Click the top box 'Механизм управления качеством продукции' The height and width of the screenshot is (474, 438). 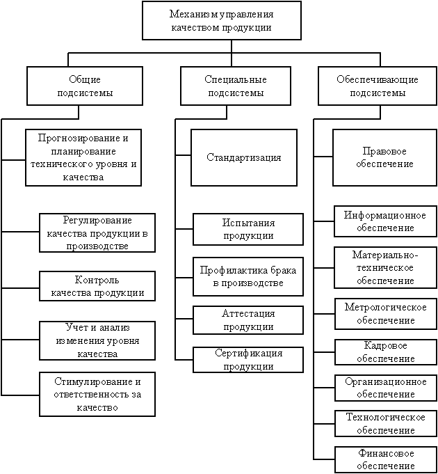tap(221, 20)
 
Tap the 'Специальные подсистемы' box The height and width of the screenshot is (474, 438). tap(235, 86)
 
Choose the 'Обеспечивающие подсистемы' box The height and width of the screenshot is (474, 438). tap(378, 86)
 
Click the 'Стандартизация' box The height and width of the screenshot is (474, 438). tap(244, 157)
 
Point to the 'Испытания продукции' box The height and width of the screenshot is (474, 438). tap(248, 229)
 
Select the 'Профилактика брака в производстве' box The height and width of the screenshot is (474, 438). tap(248, 277)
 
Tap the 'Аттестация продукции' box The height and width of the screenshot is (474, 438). tap(248, 320)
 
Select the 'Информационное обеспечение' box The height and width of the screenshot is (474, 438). tap(385, 221)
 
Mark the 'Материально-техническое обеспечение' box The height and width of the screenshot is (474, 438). tap(385, 267)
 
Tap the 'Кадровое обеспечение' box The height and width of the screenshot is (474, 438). tap(385, 352)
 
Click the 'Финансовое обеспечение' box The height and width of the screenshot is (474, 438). tap(385, 459)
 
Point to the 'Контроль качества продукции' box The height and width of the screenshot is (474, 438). tap(97, 285)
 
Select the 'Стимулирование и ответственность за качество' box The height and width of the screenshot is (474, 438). tap(97, 395)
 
